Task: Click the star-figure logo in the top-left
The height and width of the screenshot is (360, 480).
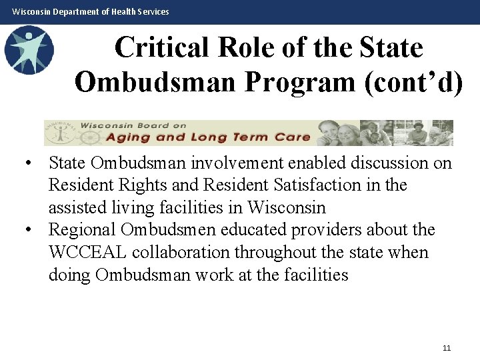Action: click(x=28, y=50)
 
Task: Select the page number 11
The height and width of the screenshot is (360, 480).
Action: click(x=447, y=348)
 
